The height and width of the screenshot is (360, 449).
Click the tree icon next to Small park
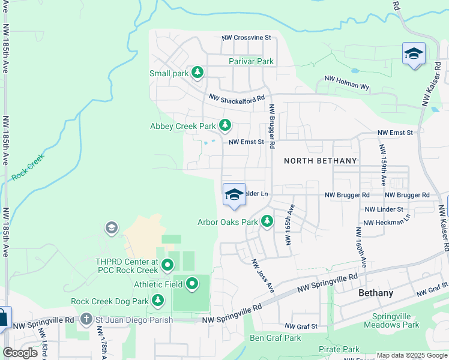(197, 73)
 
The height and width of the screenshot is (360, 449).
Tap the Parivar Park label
(251, 61)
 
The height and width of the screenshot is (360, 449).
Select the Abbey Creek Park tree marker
(225, 125)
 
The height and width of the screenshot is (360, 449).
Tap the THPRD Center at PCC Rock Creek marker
(167, 264)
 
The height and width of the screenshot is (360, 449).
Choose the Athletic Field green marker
(193, 283)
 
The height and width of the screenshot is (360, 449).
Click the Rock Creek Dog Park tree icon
(158, 299)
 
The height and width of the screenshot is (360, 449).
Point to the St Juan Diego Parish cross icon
(86, 319)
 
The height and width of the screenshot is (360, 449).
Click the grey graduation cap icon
(111, 227)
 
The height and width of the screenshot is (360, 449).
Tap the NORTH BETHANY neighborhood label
(320, 161)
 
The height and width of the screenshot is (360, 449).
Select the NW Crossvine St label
(246, 37)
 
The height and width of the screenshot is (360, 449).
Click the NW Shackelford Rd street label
(237, 98)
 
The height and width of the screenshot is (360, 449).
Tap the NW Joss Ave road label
(262, 276)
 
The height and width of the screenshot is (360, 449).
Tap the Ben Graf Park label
(275, 338)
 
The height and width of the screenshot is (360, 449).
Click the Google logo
(20, 353)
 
